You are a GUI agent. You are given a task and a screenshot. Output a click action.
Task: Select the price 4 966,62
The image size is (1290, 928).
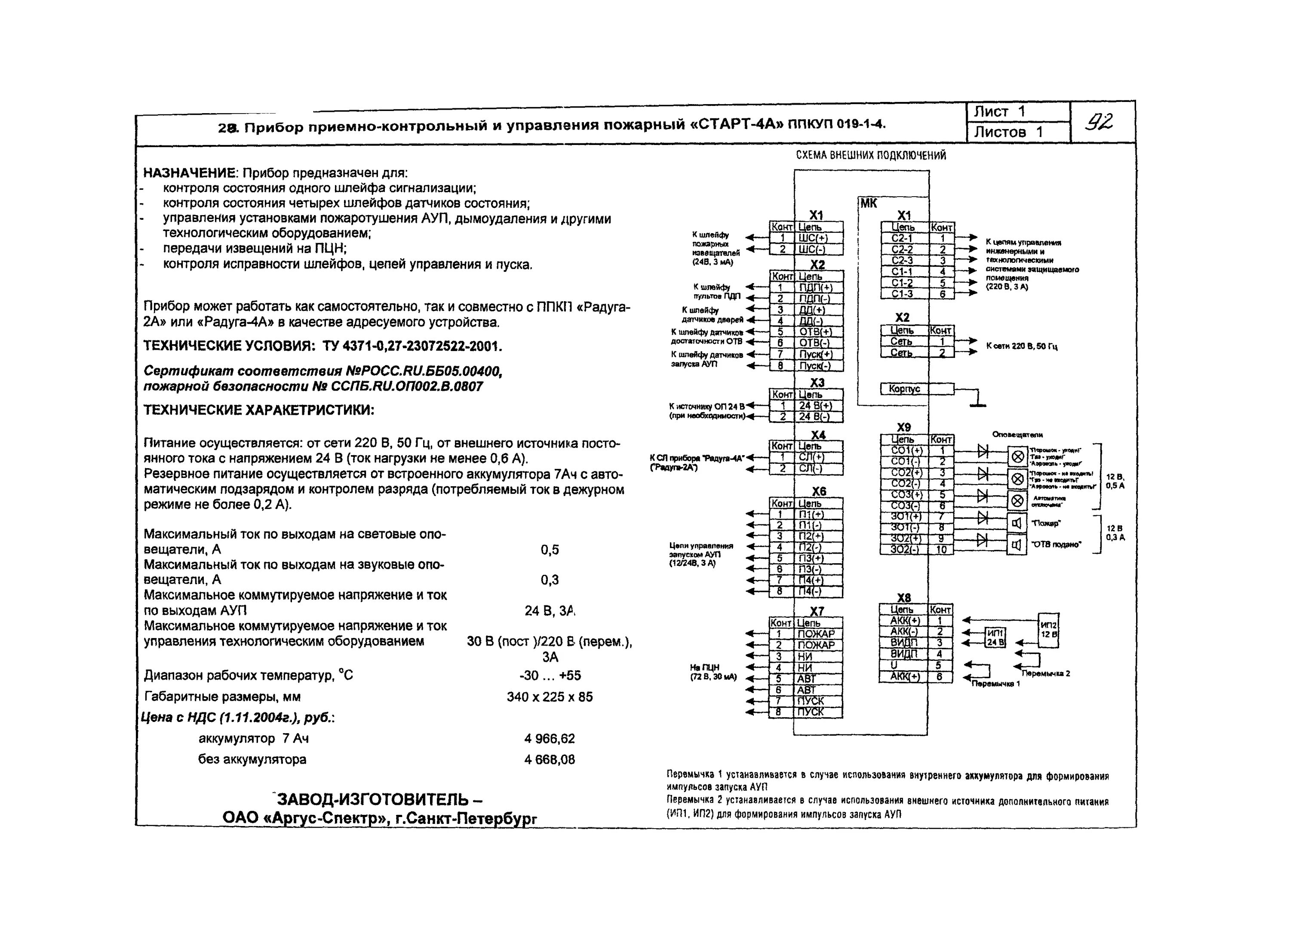point(550,739)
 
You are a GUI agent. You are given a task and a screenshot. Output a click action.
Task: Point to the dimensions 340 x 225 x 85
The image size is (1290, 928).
point(550,697)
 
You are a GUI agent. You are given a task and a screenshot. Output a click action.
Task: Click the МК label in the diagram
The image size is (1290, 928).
point(869,203)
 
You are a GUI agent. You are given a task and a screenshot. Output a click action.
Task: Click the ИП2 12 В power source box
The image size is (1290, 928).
point(1049,629)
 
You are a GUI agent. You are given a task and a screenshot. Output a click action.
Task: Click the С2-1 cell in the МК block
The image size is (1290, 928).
point(904,238)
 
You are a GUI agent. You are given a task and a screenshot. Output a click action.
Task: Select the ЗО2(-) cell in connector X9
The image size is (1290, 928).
point(904,549)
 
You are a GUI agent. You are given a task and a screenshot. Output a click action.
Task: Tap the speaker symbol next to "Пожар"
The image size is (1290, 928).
point(1017,522)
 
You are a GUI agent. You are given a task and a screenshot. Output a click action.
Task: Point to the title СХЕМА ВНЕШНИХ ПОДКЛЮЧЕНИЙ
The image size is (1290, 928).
point(871,155)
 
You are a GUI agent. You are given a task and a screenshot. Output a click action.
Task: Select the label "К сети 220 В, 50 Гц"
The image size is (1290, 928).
point(1022,346)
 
